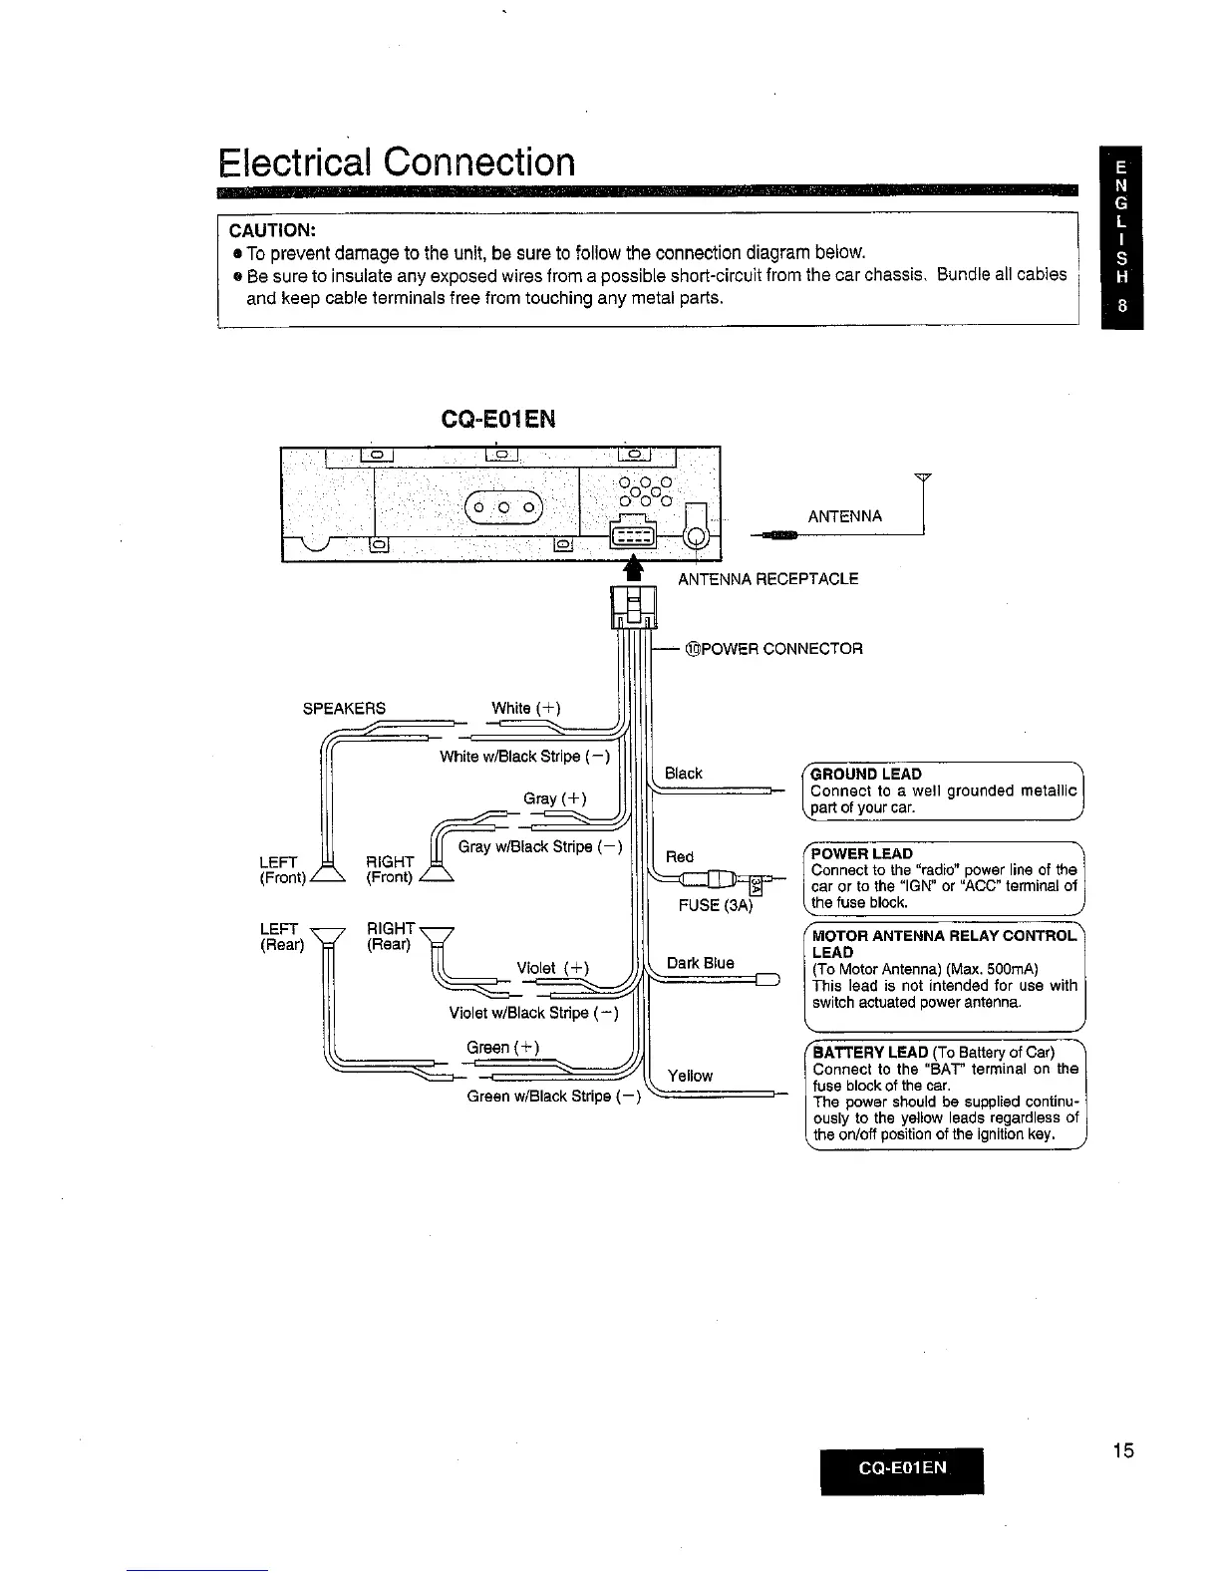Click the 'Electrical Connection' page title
(397, 161)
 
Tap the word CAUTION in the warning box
(272, 229)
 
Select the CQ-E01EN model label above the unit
(497, 420)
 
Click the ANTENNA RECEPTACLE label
(767, 579)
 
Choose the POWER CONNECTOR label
(773, 649)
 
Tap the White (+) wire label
(526, 708)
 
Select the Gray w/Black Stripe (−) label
(539, 847)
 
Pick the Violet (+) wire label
(553, 967)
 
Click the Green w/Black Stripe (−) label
(554, 1097)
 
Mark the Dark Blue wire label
(700, 963)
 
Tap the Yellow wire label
(690, 1076)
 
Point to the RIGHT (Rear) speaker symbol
(437, 937)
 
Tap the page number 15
(1122, 1450)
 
